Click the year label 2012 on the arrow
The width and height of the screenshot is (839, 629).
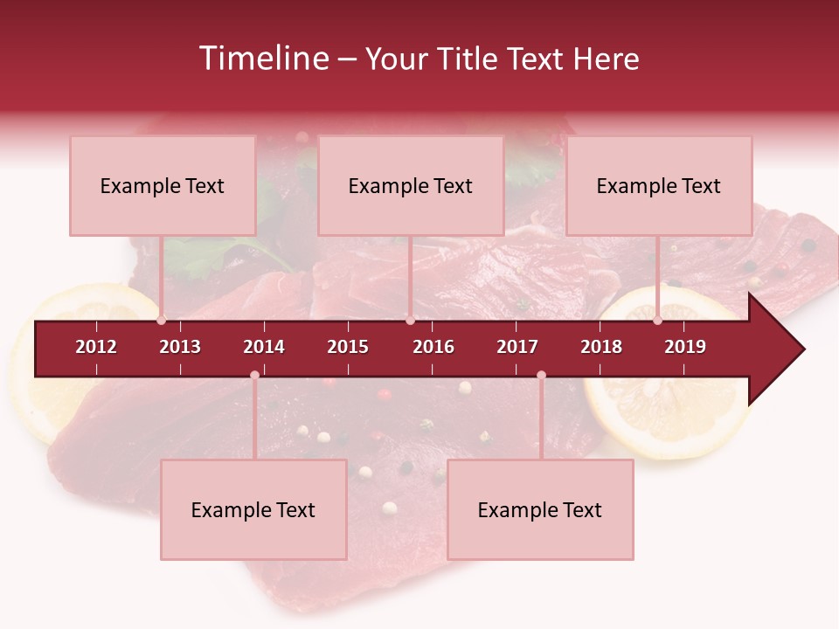(96, 347)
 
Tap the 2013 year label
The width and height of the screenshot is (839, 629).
(180, 347)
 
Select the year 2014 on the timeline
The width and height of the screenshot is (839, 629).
(264, 347)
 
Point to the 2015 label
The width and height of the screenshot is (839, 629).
(348, 347)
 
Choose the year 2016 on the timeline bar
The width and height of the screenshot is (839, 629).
(433, 347)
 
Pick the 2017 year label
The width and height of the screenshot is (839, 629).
(517, 347)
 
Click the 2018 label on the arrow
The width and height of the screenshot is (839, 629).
(601, 347)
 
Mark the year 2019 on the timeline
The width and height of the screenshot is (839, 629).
(685, 347)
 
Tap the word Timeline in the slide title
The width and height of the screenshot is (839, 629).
(262, 59)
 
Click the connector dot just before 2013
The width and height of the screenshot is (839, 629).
(162, 321)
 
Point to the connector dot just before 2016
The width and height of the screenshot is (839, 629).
(410, 321)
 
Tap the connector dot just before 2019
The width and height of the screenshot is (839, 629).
(657, 321)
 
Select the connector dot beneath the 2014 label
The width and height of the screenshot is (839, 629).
(254, 376)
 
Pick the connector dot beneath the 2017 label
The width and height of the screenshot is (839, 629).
(541, 376)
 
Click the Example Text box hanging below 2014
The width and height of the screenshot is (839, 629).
(253, 510)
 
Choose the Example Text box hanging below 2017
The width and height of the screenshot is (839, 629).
(540, 510)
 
